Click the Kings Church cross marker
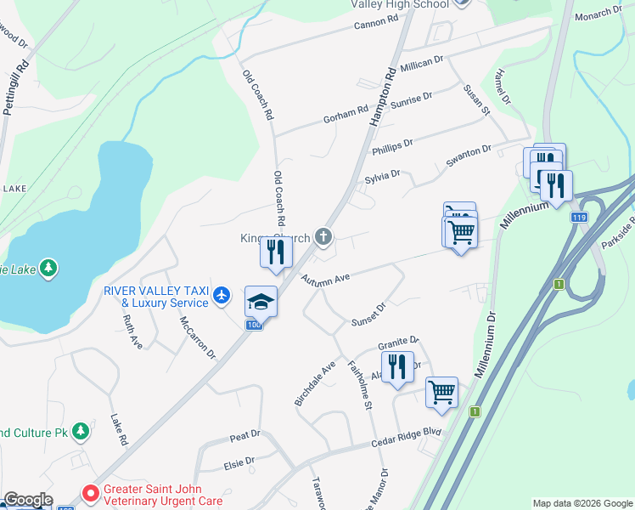click(323, 236)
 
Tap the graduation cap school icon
click(261, 301)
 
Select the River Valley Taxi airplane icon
click(222, 295)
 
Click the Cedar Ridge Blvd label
click(407, 439)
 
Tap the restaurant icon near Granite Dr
click(397, 367)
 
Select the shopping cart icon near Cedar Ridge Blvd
click(441, 392)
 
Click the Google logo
click(27, 500)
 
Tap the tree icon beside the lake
click(49, 269)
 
